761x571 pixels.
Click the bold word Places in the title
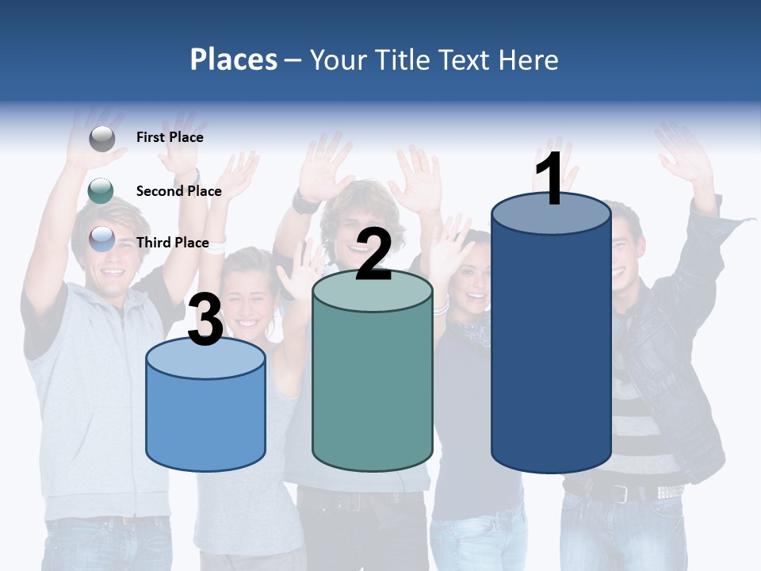tap(234, 59)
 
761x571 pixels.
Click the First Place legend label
tap(170, 137)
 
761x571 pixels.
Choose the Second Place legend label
tap(178, 190)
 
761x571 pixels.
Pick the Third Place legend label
tap(172, 243)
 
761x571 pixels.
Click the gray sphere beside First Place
tap(101, 138)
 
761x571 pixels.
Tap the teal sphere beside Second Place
tap(101, 190)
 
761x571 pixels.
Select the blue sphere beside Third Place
tap(101, 239)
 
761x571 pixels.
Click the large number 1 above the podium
tap(549, 180)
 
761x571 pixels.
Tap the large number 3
tap(205, 320)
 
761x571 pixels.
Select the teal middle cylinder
tap(373, 389)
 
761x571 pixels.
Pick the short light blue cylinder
tap(205, 420)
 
